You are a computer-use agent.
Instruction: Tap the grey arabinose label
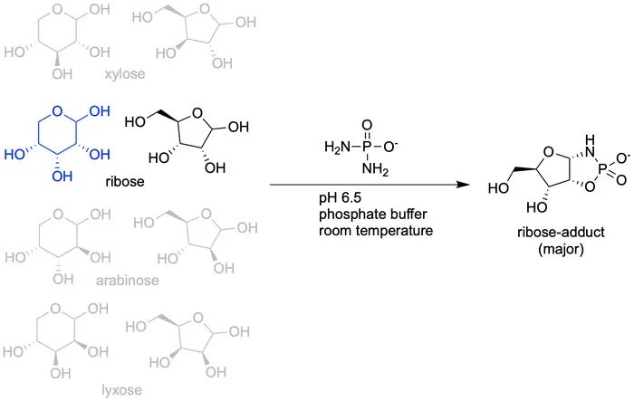pyautogui.click(x=127, y=281)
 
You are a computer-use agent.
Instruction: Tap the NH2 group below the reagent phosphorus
pyautogui.click(x=370, y=172)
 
